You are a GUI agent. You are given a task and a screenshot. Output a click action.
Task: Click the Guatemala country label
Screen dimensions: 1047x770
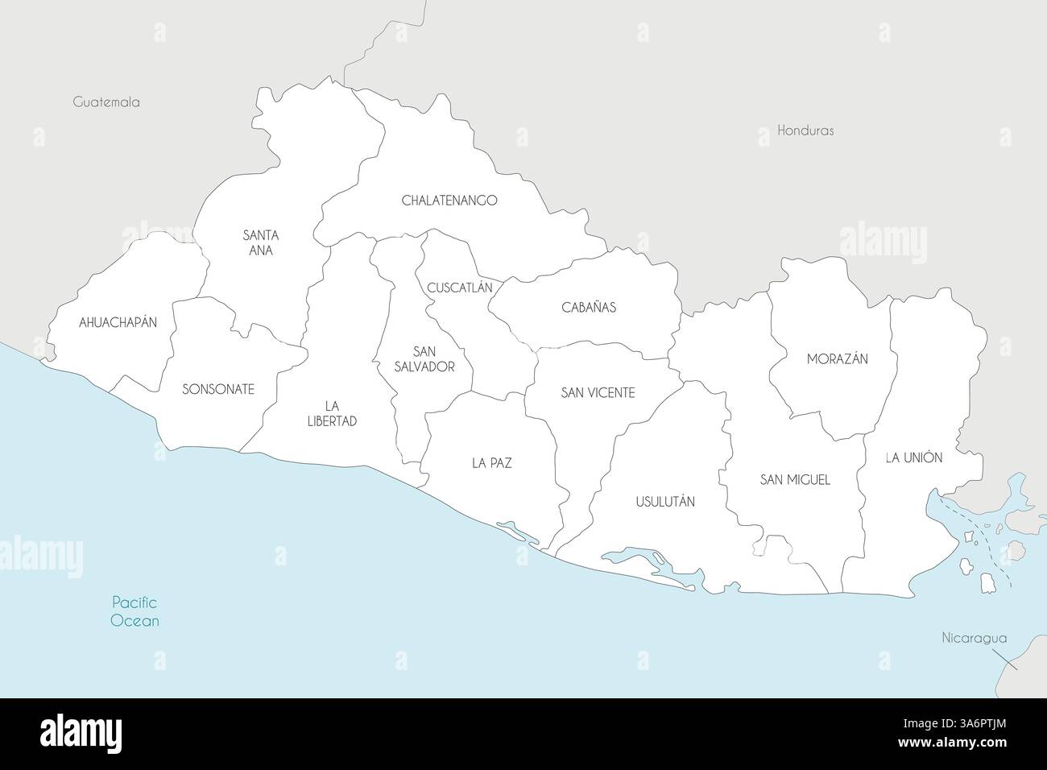(106, 102)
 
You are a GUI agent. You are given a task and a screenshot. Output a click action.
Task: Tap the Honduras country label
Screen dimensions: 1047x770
(805, 130)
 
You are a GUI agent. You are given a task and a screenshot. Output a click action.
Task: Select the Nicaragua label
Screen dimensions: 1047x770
(975, 638)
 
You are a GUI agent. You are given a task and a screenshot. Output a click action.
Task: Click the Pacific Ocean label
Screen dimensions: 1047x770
(134, 611)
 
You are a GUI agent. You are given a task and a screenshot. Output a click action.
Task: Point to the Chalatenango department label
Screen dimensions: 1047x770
(449, 201)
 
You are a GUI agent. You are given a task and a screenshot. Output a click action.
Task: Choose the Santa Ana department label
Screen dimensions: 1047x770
(260, 242)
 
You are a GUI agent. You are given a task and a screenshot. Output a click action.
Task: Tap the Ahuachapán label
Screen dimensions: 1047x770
(118, 322)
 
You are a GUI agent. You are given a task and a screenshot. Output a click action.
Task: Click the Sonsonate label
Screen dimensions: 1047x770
(217, 389)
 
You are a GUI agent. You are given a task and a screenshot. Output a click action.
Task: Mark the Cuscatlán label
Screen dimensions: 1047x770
(459, 288)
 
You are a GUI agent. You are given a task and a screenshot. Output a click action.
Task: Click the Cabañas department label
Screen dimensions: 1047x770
(588, 307)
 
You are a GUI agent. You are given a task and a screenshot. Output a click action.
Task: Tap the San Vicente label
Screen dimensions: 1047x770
(598, 393)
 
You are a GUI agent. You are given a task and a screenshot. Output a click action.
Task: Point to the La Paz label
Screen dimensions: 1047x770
(491, 463)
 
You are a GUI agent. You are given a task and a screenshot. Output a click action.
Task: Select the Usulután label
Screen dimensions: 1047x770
(664, 501)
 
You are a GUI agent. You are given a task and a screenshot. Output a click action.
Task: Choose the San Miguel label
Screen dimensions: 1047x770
(794, 479)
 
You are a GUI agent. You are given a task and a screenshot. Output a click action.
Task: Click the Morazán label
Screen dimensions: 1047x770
(837, 359)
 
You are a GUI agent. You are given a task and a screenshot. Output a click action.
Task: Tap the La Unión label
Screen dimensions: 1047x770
(913, 457)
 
